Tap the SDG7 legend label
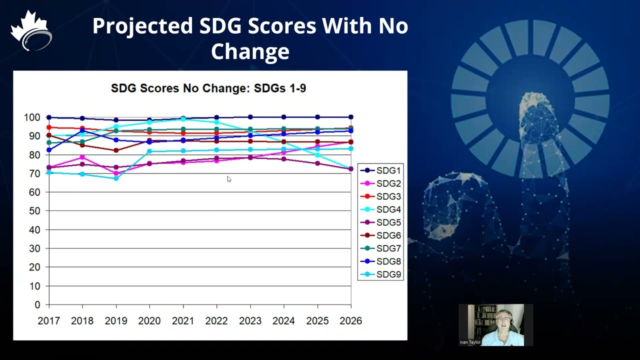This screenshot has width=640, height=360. [388, 248]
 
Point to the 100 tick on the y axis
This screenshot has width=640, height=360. [32, 117]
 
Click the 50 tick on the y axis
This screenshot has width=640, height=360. [33, 211]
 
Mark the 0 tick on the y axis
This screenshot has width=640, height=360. [37, 305]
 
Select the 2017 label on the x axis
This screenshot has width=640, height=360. [48, 320]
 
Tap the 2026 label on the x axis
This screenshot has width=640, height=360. [350, 320]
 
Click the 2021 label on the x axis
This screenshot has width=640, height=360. [183, 320]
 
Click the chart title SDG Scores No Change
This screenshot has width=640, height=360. [208, 88]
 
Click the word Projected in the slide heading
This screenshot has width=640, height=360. [142, 26]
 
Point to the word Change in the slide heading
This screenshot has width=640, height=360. [250, 51]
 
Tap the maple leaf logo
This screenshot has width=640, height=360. [31, 30]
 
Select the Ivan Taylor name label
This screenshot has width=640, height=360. [470, 342]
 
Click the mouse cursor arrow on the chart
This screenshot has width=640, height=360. [228, 179]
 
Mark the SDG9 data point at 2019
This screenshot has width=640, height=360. [116, 178]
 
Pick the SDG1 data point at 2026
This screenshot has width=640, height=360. [350, 117]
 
